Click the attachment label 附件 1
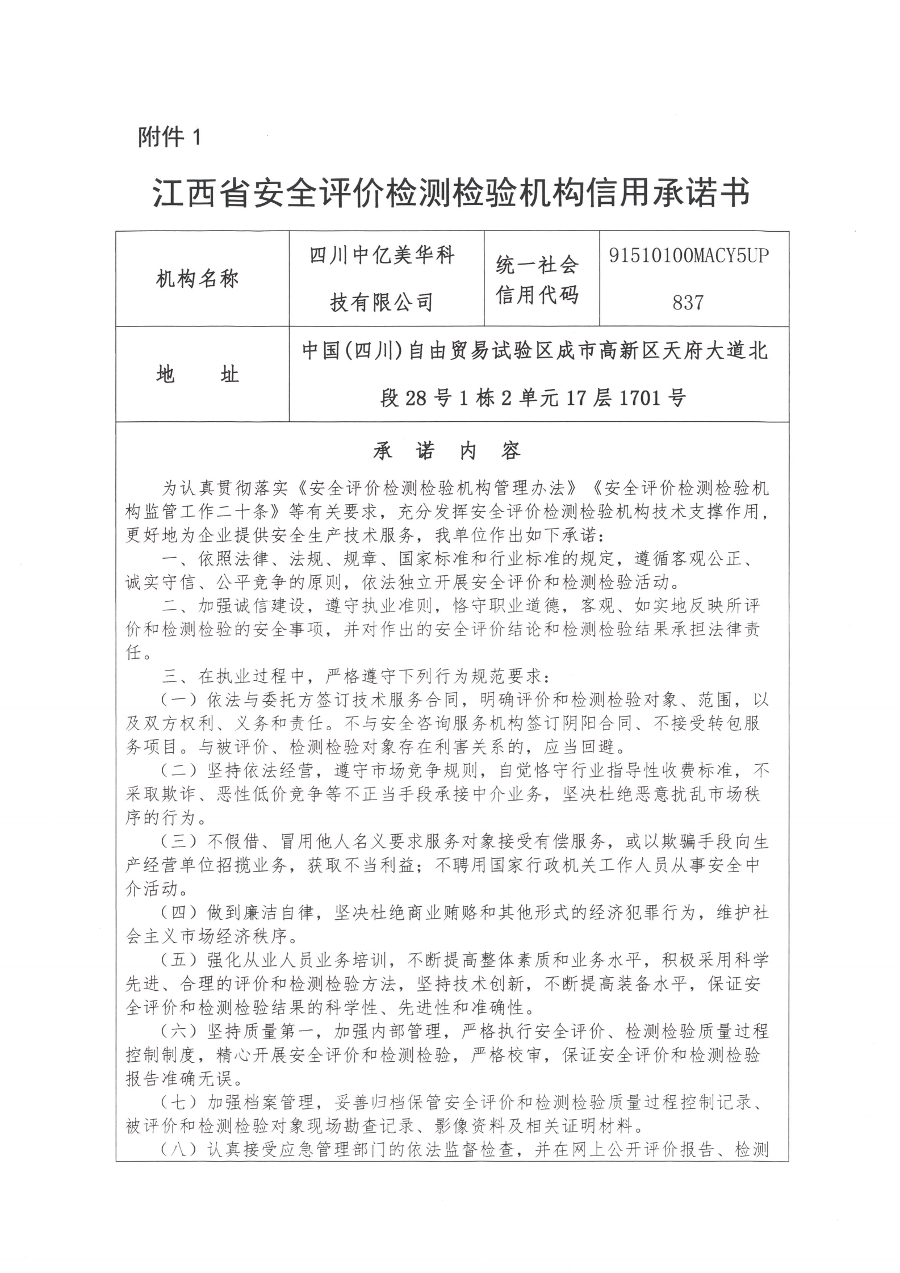[x=169, y=137]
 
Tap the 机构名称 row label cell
[x=197, y=279]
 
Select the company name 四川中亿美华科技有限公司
[x=382, y=279]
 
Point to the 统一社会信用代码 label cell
[x=537, y=279]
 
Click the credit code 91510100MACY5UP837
[x=689, y=279]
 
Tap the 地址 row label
[x=197, y=375]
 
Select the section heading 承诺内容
[x=447, y=451]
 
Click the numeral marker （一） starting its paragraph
[x=178, y=700]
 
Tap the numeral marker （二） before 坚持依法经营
[x=178, y=771]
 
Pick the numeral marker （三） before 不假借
[x=178, y=842]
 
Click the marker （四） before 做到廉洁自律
[x=178, y=913]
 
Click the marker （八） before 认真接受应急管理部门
[x=178, y=1150]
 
